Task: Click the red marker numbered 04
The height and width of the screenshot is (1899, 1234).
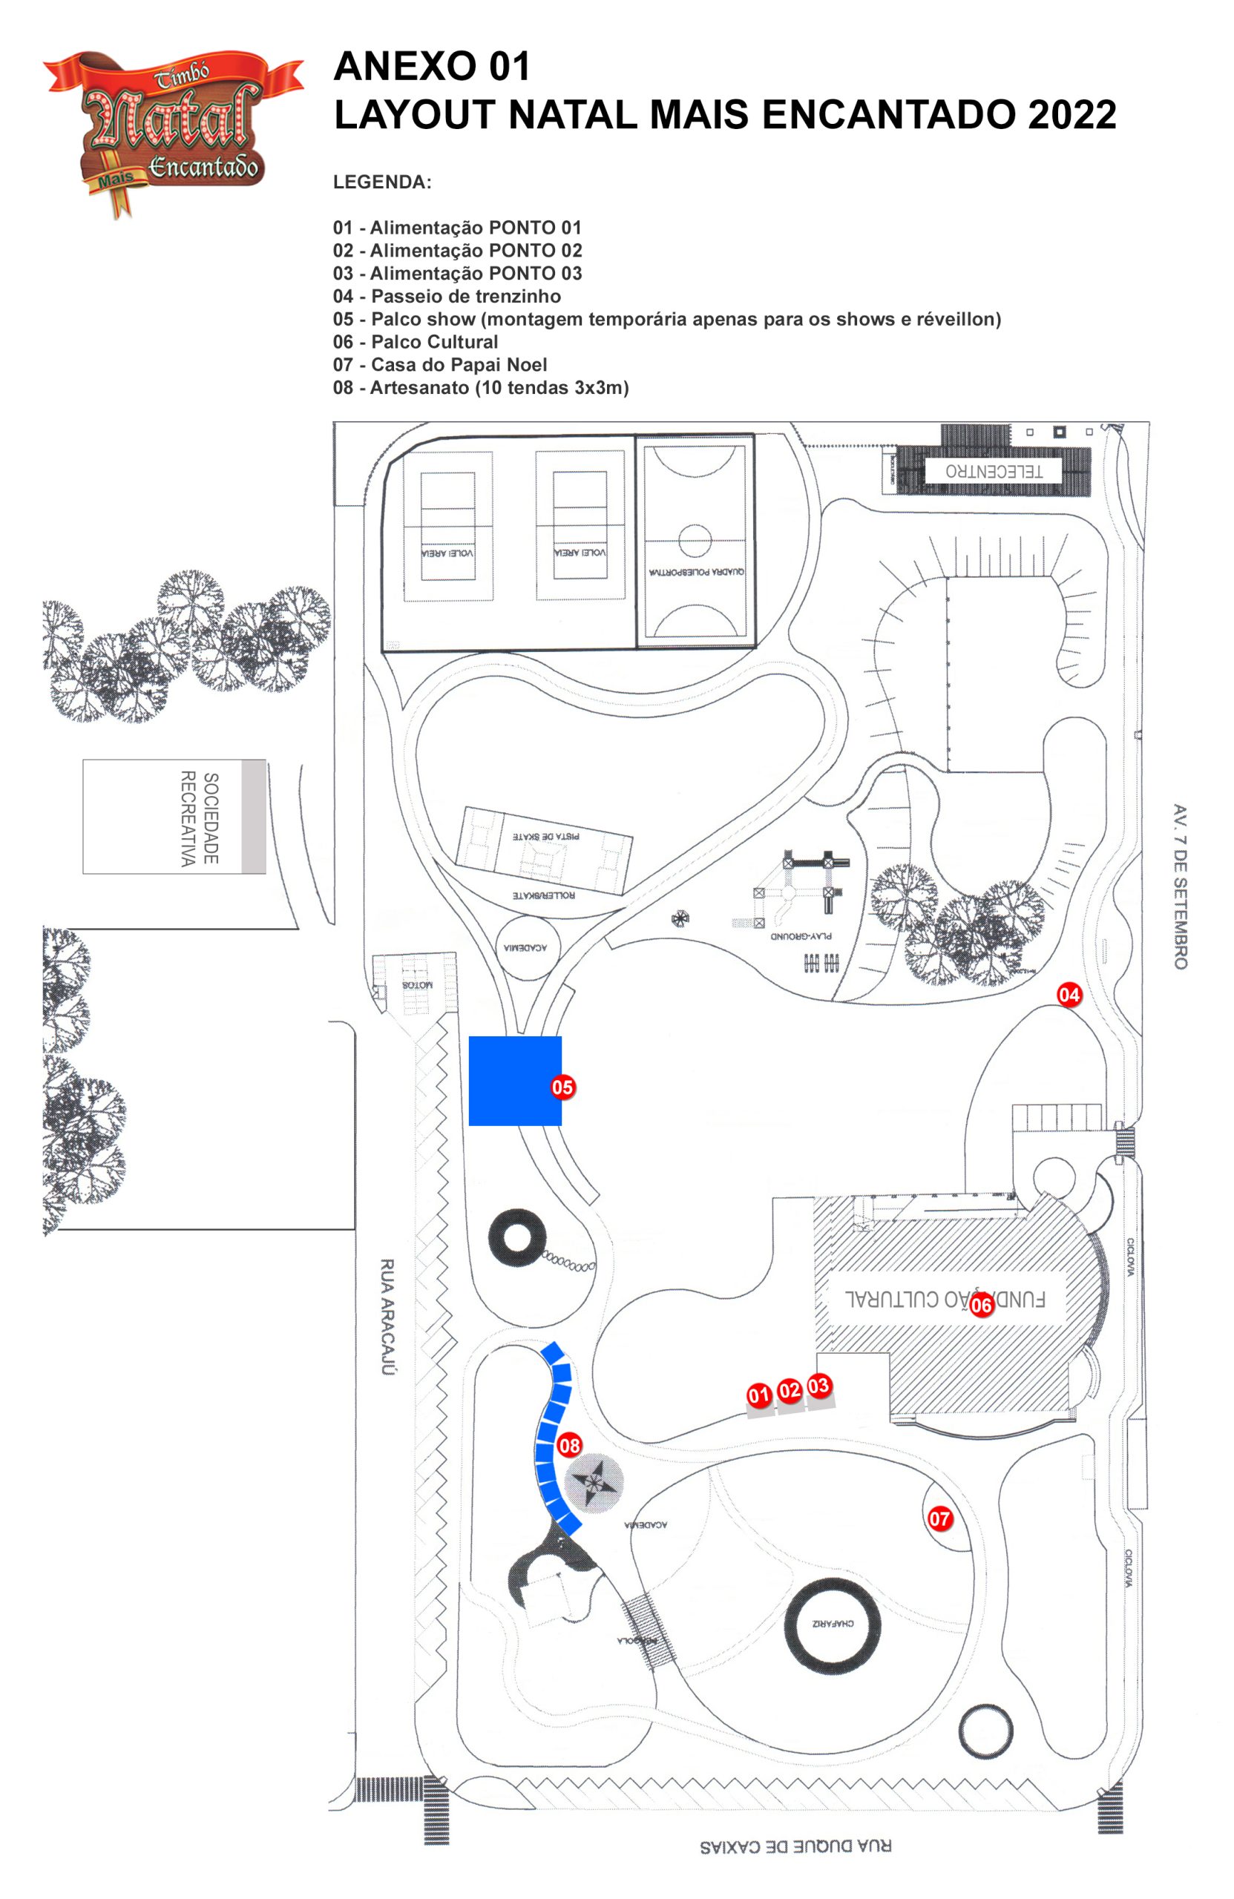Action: pos(1068,995)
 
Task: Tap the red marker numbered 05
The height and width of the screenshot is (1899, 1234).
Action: pos(562,1087)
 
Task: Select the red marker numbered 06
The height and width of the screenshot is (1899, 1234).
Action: pos(981,1305)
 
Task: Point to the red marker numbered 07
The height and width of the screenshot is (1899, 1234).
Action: pos(939,1518)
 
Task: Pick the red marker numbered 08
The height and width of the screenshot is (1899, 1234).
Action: pos(569,1445)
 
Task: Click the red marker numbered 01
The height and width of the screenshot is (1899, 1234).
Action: pos(758,1395)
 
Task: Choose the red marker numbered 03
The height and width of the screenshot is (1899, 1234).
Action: pos(818,1386)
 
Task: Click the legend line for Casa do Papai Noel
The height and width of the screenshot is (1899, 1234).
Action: pos(440,365)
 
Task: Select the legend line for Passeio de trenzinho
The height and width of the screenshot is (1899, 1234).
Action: pos(446,296)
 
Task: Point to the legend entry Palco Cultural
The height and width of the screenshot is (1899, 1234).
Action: pos(415,341)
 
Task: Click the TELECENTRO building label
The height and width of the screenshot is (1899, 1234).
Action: pos(993,471)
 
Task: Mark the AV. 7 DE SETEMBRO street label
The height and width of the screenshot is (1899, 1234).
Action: pos(1180,886)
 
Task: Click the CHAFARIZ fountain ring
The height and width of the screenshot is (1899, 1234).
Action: pos(832,1624)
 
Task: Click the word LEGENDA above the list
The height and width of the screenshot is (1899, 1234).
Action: pos(381,182)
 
